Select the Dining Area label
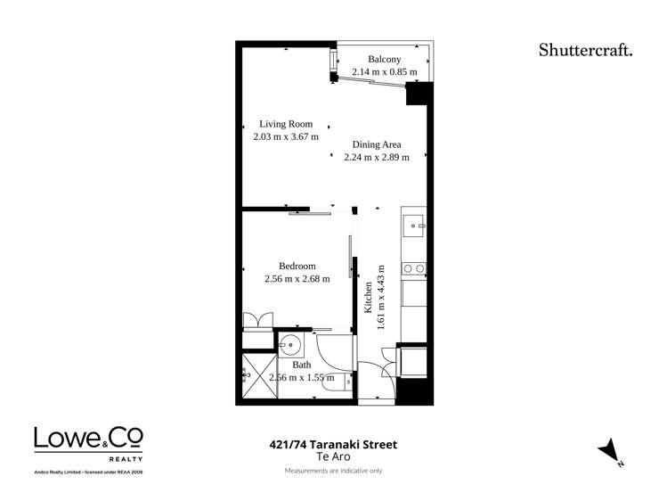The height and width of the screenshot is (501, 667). [x=377, y=144]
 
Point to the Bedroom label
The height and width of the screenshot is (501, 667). [x=297, y=266]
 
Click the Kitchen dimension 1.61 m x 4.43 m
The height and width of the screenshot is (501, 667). [x=381, y=297]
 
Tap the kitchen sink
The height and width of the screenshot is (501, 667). [x=412, y=226]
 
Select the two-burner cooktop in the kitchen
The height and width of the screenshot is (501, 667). [x=413, y=267]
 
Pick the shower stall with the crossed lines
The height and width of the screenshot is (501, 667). [x=257, y=376]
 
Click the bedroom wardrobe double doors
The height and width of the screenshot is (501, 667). [x=259, y=319]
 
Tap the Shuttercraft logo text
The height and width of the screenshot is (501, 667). [x=585, y=50]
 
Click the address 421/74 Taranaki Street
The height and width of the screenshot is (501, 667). [x=333, y=444]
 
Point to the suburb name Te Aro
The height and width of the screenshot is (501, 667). [x=332, y=456]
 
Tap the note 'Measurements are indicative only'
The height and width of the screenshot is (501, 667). [x=333, y=471]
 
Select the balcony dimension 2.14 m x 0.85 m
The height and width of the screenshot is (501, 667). [x=384, y=72]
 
